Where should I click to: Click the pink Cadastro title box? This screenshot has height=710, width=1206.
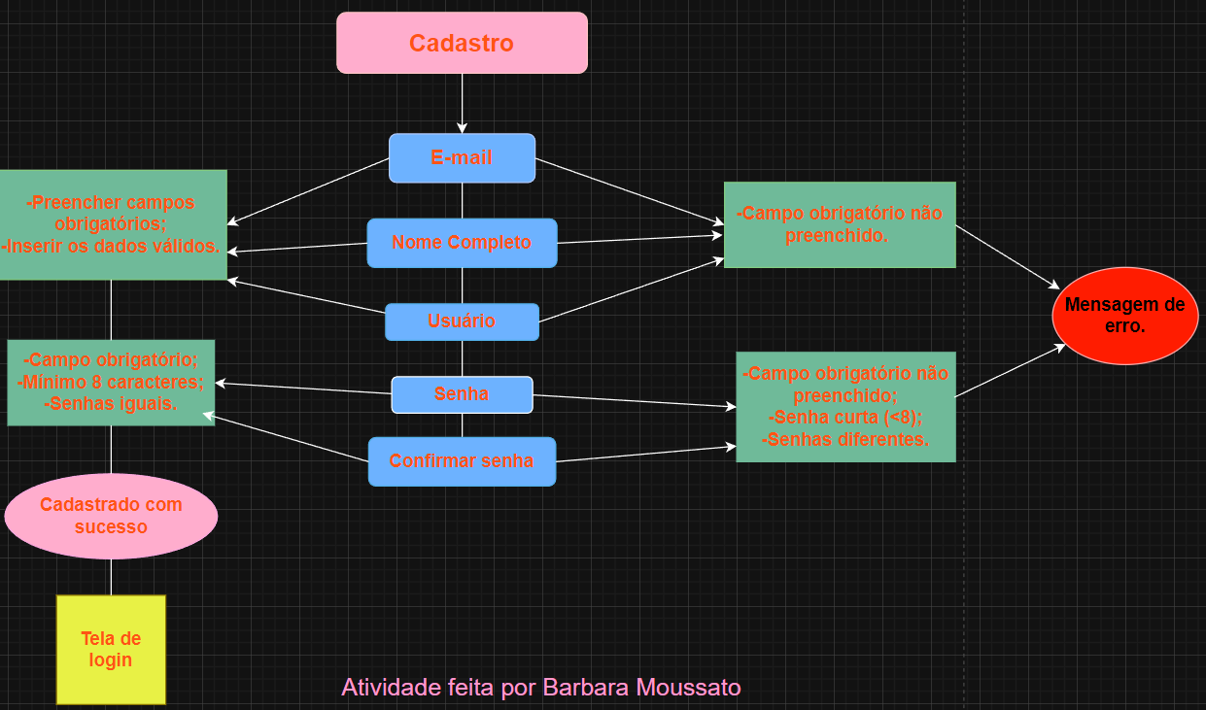click(462, 43)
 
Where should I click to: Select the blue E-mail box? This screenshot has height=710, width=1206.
click(462, 157)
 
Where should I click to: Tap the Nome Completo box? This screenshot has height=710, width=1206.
click(462, 243)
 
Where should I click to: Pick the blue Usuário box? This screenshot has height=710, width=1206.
click(462, 321)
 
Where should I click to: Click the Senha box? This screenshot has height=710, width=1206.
click(462, 394)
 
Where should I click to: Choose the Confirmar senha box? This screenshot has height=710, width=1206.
click(462, 461)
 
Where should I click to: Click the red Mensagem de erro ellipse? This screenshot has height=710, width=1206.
click(1124, 316)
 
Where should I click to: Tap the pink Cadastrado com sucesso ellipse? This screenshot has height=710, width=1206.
click(111, 516)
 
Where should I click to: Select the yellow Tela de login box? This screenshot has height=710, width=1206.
click(111, 649)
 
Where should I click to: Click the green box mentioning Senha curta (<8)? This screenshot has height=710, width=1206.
click(845, 406)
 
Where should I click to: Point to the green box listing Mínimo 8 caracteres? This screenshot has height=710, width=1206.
click(111, 382)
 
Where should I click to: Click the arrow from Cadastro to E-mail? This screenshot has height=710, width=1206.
click(462, 103)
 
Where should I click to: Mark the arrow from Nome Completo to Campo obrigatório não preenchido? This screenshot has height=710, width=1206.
click(641, 239)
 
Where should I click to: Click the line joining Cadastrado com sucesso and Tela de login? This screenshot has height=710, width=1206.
click(111, 577)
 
